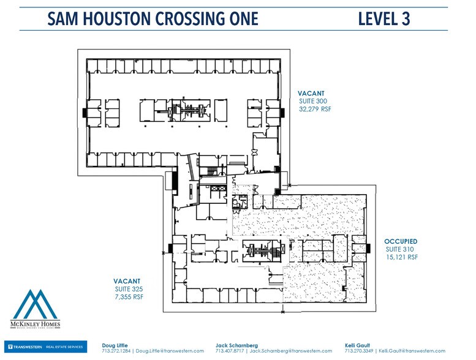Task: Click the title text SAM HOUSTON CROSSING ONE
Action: click(153, 18)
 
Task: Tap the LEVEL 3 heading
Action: click(384, 18)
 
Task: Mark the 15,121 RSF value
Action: click(402, 258)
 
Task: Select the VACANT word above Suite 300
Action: click(311, 92)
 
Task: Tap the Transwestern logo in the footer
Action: click(44, 347)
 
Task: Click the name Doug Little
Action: click(114, 345)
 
